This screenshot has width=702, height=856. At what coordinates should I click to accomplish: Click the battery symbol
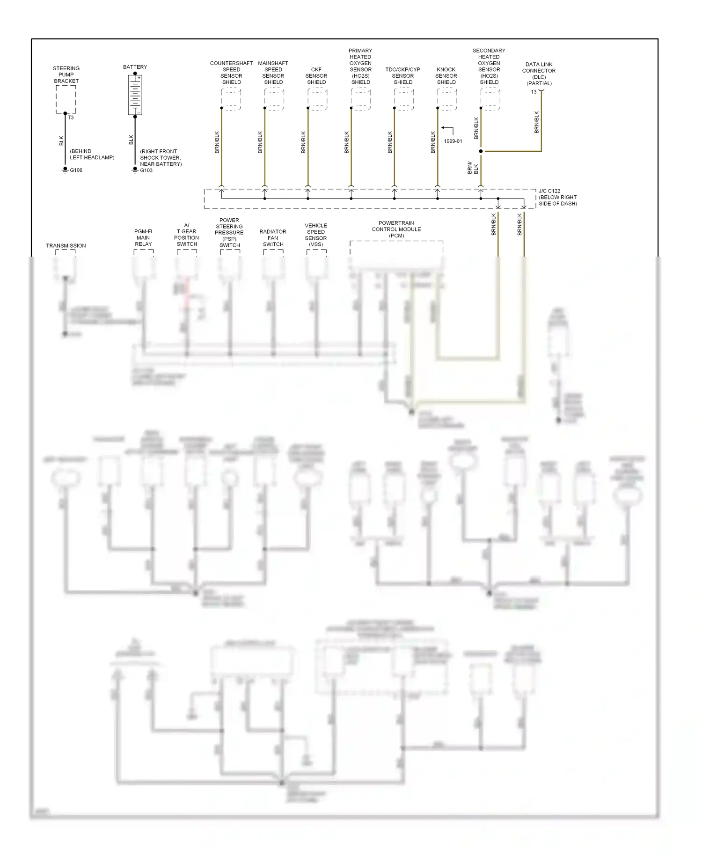135,95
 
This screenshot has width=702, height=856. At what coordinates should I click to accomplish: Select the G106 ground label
76,170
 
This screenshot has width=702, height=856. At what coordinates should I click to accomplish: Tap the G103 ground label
146,170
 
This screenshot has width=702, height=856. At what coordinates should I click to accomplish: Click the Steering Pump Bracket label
66,74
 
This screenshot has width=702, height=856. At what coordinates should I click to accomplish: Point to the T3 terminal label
71,118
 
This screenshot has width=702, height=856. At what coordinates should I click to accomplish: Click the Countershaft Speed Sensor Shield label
231,73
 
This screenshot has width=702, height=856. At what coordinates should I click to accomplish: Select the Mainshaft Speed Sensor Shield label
273,73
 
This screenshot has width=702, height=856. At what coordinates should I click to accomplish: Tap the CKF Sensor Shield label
316,76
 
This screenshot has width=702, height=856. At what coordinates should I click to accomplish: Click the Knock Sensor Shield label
446,76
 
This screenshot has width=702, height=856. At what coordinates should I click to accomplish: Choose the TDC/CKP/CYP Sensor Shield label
403,76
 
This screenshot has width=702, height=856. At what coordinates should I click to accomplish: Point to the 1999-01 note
453,141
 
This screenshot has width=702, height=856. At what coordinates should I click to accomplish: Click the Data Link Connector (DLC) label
539,74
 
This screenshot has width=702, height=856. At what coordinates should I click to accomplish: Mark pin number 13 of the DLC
534,92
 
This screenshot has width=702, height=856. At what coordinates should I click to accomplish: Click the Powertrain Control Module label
396,229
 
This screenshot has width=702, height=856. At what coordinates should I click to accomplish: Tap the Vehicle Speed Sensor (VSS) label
316,235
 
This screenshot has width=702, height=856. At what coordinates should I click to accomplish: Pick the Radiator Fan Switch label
273,238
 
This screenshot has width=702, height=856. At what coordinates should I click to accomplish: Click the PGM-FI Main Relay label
143,237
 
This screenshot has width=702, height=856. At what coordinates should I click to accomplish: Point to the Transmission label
66,245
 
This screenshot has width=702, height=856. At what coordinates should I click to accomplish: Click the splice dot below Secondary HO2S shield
481,151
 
